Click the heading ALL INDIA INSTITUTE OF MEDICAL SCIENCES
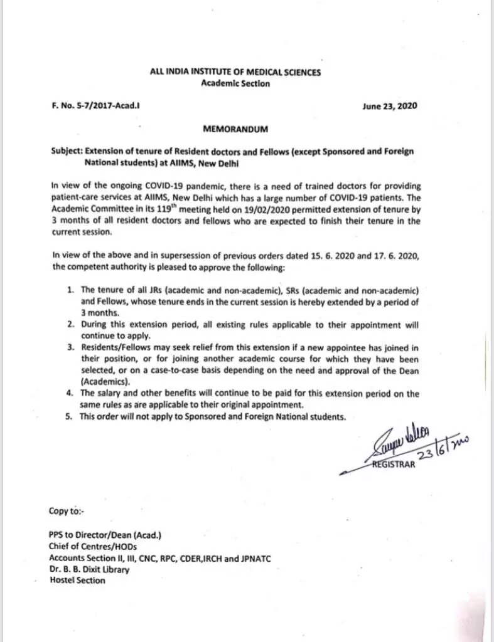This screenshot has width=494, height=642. point(235,72)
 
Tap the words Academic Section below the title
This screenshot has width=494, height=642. point(235,83)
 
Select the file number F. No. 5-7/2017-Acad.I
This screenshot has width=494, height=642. point(95,107)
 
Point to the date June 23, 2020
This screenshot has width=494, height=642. point(390,107)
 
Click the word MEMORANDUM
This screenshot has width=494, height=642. point(235,129)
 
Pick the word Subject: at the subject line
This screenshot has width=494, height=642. point(67,152)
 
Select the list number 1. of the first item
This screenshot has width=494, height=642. point(71,290)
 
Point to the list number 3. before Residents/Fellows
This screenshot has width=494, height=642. point(71,348)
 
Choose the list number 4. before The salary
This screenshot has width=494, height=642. point(71,394)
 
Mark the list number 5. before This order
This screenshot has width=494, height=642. point(71,417)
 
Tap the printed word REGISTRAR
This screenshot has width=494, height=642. point(393,466)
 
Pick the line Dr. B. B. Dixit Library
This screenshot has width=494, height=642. point(90,569)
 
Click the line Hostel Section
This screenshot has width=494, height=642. point(78,581)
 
